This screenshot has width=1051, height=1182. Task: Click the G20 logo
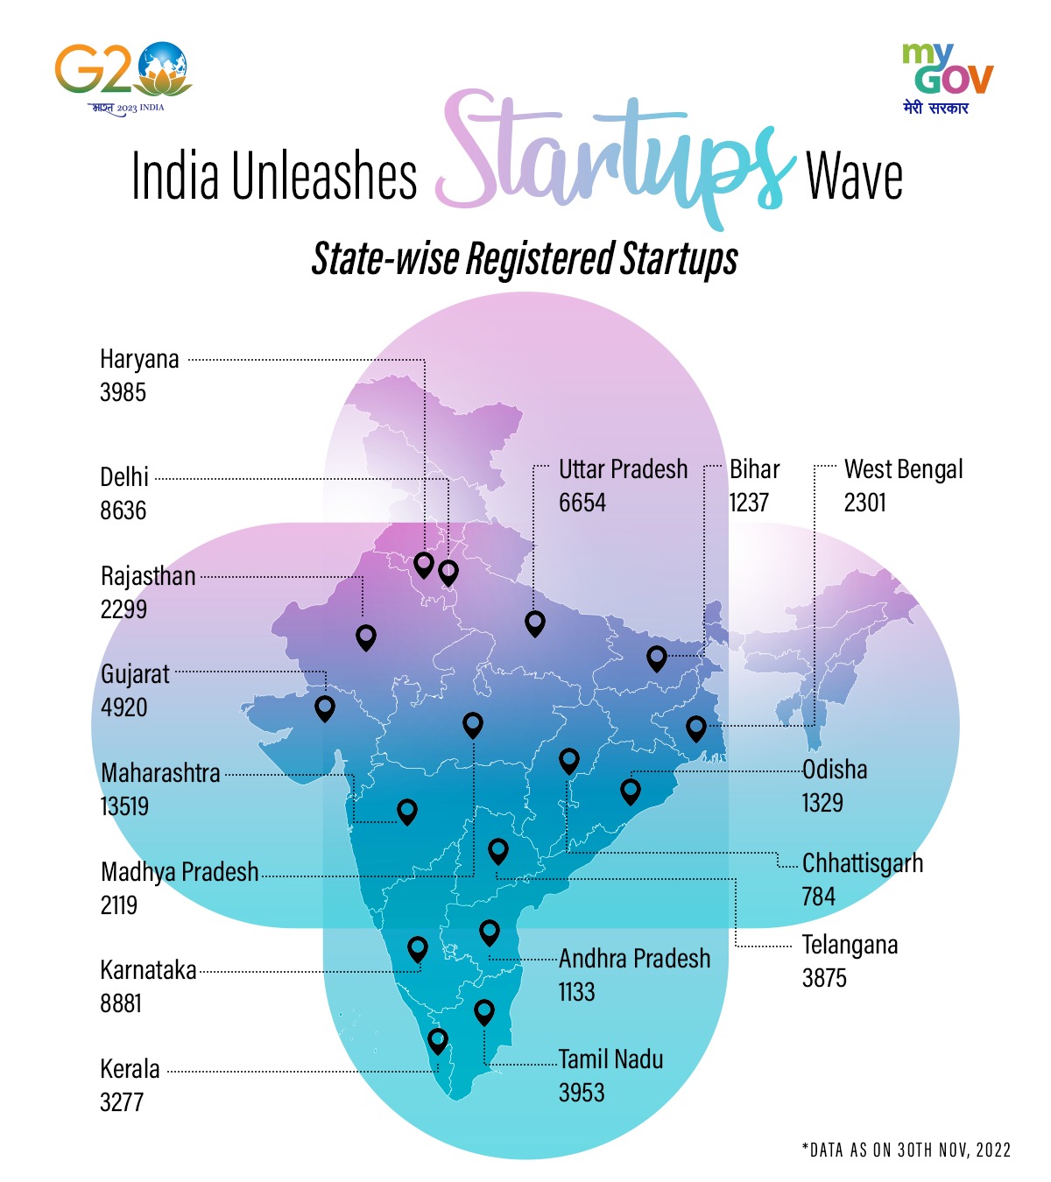pos(123,75)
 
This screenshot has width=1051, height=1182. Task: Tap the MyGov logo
pos(948,77)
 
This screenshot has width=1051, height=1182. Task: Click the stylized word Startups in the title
pos(613,158)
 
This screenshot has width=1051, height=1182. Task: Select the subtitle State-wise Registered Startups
pos(525,259)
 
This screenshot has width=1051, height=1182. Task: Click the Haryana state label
pos(139,360)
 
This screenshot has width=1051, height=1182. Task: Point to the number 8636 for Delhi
pos(123,510)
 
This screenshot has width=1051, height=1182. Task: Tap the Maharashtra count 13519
pos(124,806)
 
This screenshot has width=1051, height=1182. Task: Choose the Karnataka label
pos(148,970)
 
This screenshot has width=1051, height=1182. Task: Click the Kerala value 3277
pos(122,1102)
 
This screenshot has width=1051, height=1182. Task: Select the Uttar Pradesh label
pos(623,469)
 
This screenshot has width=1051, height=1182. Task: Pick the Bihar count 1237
pos(749,503)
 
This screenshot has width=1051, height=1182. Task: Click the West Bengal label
pos(903,469)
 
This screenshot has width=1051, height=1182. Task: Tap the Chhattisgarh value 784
pos(818,897)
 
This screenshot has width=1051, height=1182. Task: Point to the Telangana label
pos(850,946)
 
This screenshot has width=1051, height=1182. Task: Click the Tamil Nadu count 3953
pos(582,1093)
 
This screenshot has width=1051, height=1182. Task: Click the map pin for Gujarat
pos(325,707)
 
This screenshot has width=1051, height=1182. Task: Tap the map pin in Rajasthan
pos(366,637)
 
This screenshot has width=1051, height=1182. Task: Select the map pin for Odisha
pos(630,791)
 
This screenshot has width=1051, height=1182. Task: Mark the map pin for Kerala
pos(438,1040)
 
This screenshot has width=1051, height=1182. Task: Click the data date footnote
pos(906,1150)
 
